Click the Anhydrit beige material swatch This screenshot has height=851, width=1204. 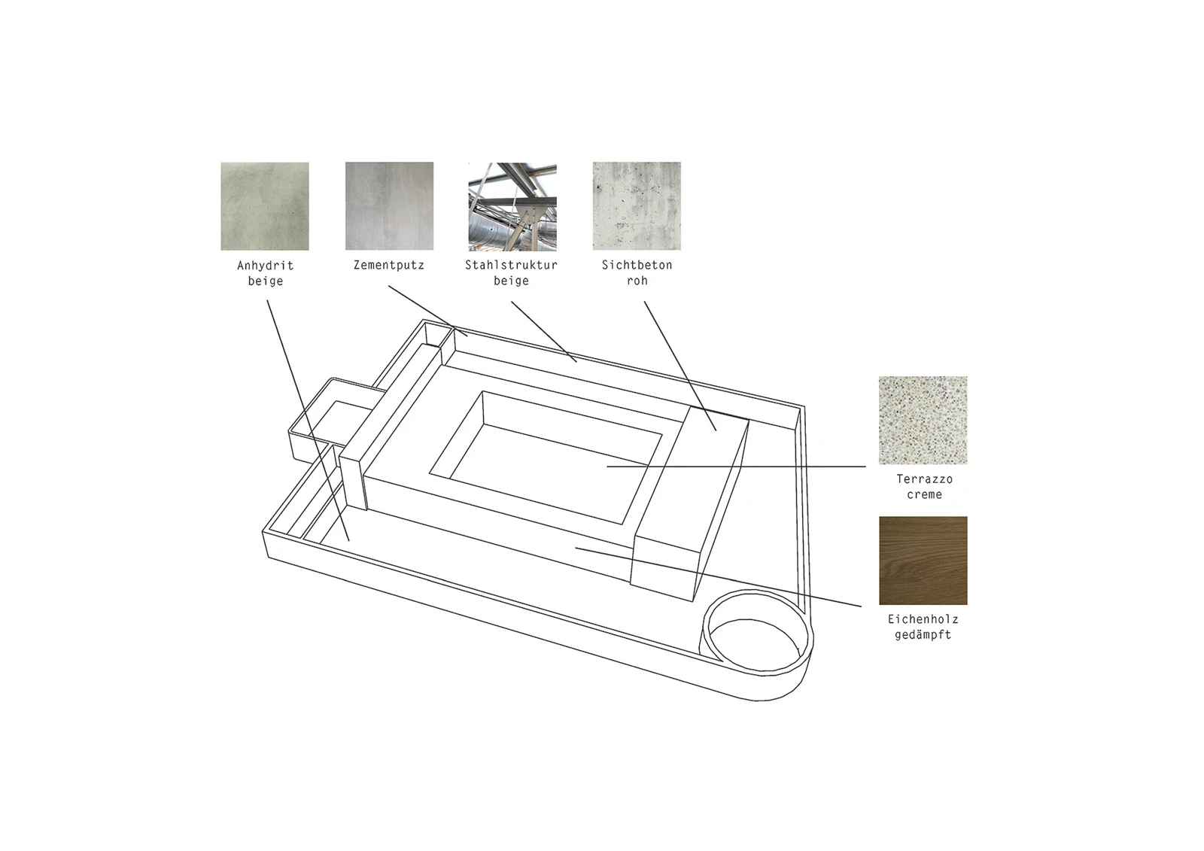(264, 206)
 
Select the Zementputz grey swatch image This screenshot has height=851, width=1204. (389, 206)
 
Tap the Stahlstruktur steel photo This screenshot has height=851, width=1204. (512, 206)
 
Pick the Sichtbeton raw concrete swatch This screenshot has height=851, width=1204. (637, 206)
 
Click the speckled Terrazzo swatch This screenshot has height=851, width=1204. (923, 420)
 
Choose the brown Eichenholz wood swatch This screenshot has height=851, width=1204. (923, 561)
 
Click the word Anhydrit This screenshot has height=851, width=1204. (266, 266)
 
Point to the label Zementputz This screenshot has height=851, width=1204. (388, 265)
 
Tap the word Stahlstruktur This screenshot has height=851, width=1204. (511, 265)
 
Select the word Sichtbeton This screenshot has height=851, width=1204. (637, 265)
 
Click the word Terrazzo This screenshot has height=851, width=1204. (925, 479)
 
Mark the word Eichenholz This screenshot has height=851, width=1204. (923, 619)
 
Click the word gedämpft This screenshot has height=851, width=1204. (923, 635)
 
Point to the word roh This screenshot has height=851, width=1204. (637, 281)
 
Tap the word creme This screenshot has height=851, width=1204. (925, 494)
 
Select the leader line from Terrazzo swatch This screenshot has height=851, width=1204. (737, 467)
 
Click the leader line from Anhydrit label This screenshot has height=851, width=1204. (308, 421)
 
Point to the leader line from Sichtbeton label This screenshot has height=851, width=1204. (680, 366)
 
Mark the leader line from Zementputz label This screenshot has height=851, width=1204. (428, 311)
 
